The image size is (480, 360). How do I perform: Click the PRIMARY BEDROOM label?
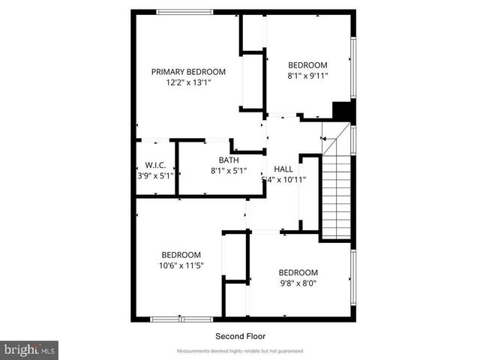pos(188,72)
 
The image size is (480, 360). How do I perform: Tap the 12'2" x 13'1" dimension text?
pos(188,82)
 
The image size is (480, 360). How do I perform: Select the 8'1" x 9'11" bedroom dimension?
pos(307,75)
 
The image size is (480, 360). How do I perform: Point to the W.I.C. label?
pos(155,165)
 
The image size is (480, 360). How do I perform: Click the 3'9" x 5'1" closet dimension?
pos(155,175)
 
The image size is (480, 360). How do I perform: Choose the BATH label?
pos(229,160)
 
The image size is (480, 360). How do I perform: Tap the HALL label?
pos(283,169)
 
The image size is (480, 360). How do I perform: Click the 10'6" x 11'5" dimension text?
pos(181,265)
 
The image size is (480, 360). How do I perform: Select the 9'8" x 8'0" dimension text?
pos(298,283)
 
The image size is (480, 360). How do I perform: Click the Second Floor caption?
pos(240,336)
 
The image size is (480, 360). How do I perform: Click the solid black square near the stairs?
pos(342,110)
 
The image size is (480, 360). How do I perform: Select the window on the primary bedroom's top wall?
pos(184,11)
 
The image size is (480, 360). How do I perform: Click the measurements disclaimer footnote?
pos(240,351)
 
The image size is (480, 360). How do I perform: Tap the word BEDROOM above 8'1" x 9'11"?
pos(307,64)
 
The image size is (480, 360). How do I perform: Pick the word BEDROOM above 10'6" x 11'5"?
pos(181,254)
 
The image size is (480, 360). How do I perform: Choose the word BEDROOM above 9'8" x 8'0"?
pos(298,272)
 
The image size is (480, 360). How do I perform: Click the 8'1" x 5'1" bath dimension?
pos(229,171)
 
